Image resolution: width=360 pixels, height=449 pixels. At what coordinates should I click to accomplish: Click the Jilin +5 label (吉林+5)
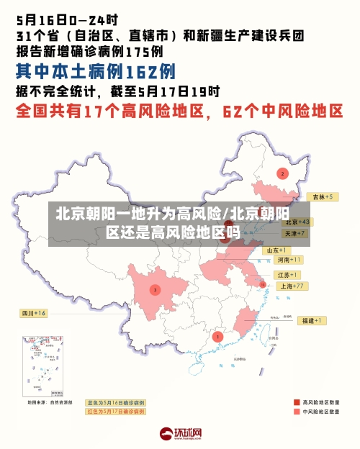pos(319,196)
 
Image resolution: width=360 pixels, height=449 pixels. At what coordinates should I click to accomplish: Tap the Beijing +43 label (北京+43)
pos(296,222)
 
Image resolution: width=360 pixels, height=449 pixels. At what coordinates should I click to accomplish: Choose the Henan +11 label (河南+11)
pos(288,259)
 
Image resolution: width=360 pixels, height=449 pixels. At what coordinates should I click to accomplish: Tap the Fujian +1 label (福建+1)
pos(313,319)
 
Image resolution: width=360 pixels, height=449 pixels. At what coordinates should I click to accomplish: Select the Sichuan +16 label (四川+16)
pos(33,313)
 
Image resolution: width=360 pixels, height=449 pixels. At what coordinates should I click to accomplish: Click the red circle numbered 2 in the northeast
pos(282,173)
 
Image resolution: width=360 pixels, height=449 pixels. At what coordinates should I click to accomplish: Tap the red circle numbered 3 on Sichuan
pos(155,289)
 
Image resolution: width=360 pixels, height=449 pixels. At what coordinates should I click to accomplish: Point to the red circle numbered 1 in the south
pos(218,336)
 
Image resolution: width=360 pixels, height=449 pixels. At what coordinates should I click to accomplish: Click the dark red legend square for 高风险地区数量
pos(297,402)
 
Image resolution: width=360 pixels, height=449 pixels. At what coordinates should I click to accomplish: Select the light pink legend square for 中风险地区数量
pos(297,412)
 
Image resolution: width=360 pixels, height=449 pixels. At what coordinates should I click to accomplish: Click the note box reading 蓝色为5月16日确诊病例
pos(116,402)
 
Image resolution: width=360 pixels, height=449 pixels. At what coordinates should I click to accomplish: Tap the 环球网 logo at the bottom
pos(180,433)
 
